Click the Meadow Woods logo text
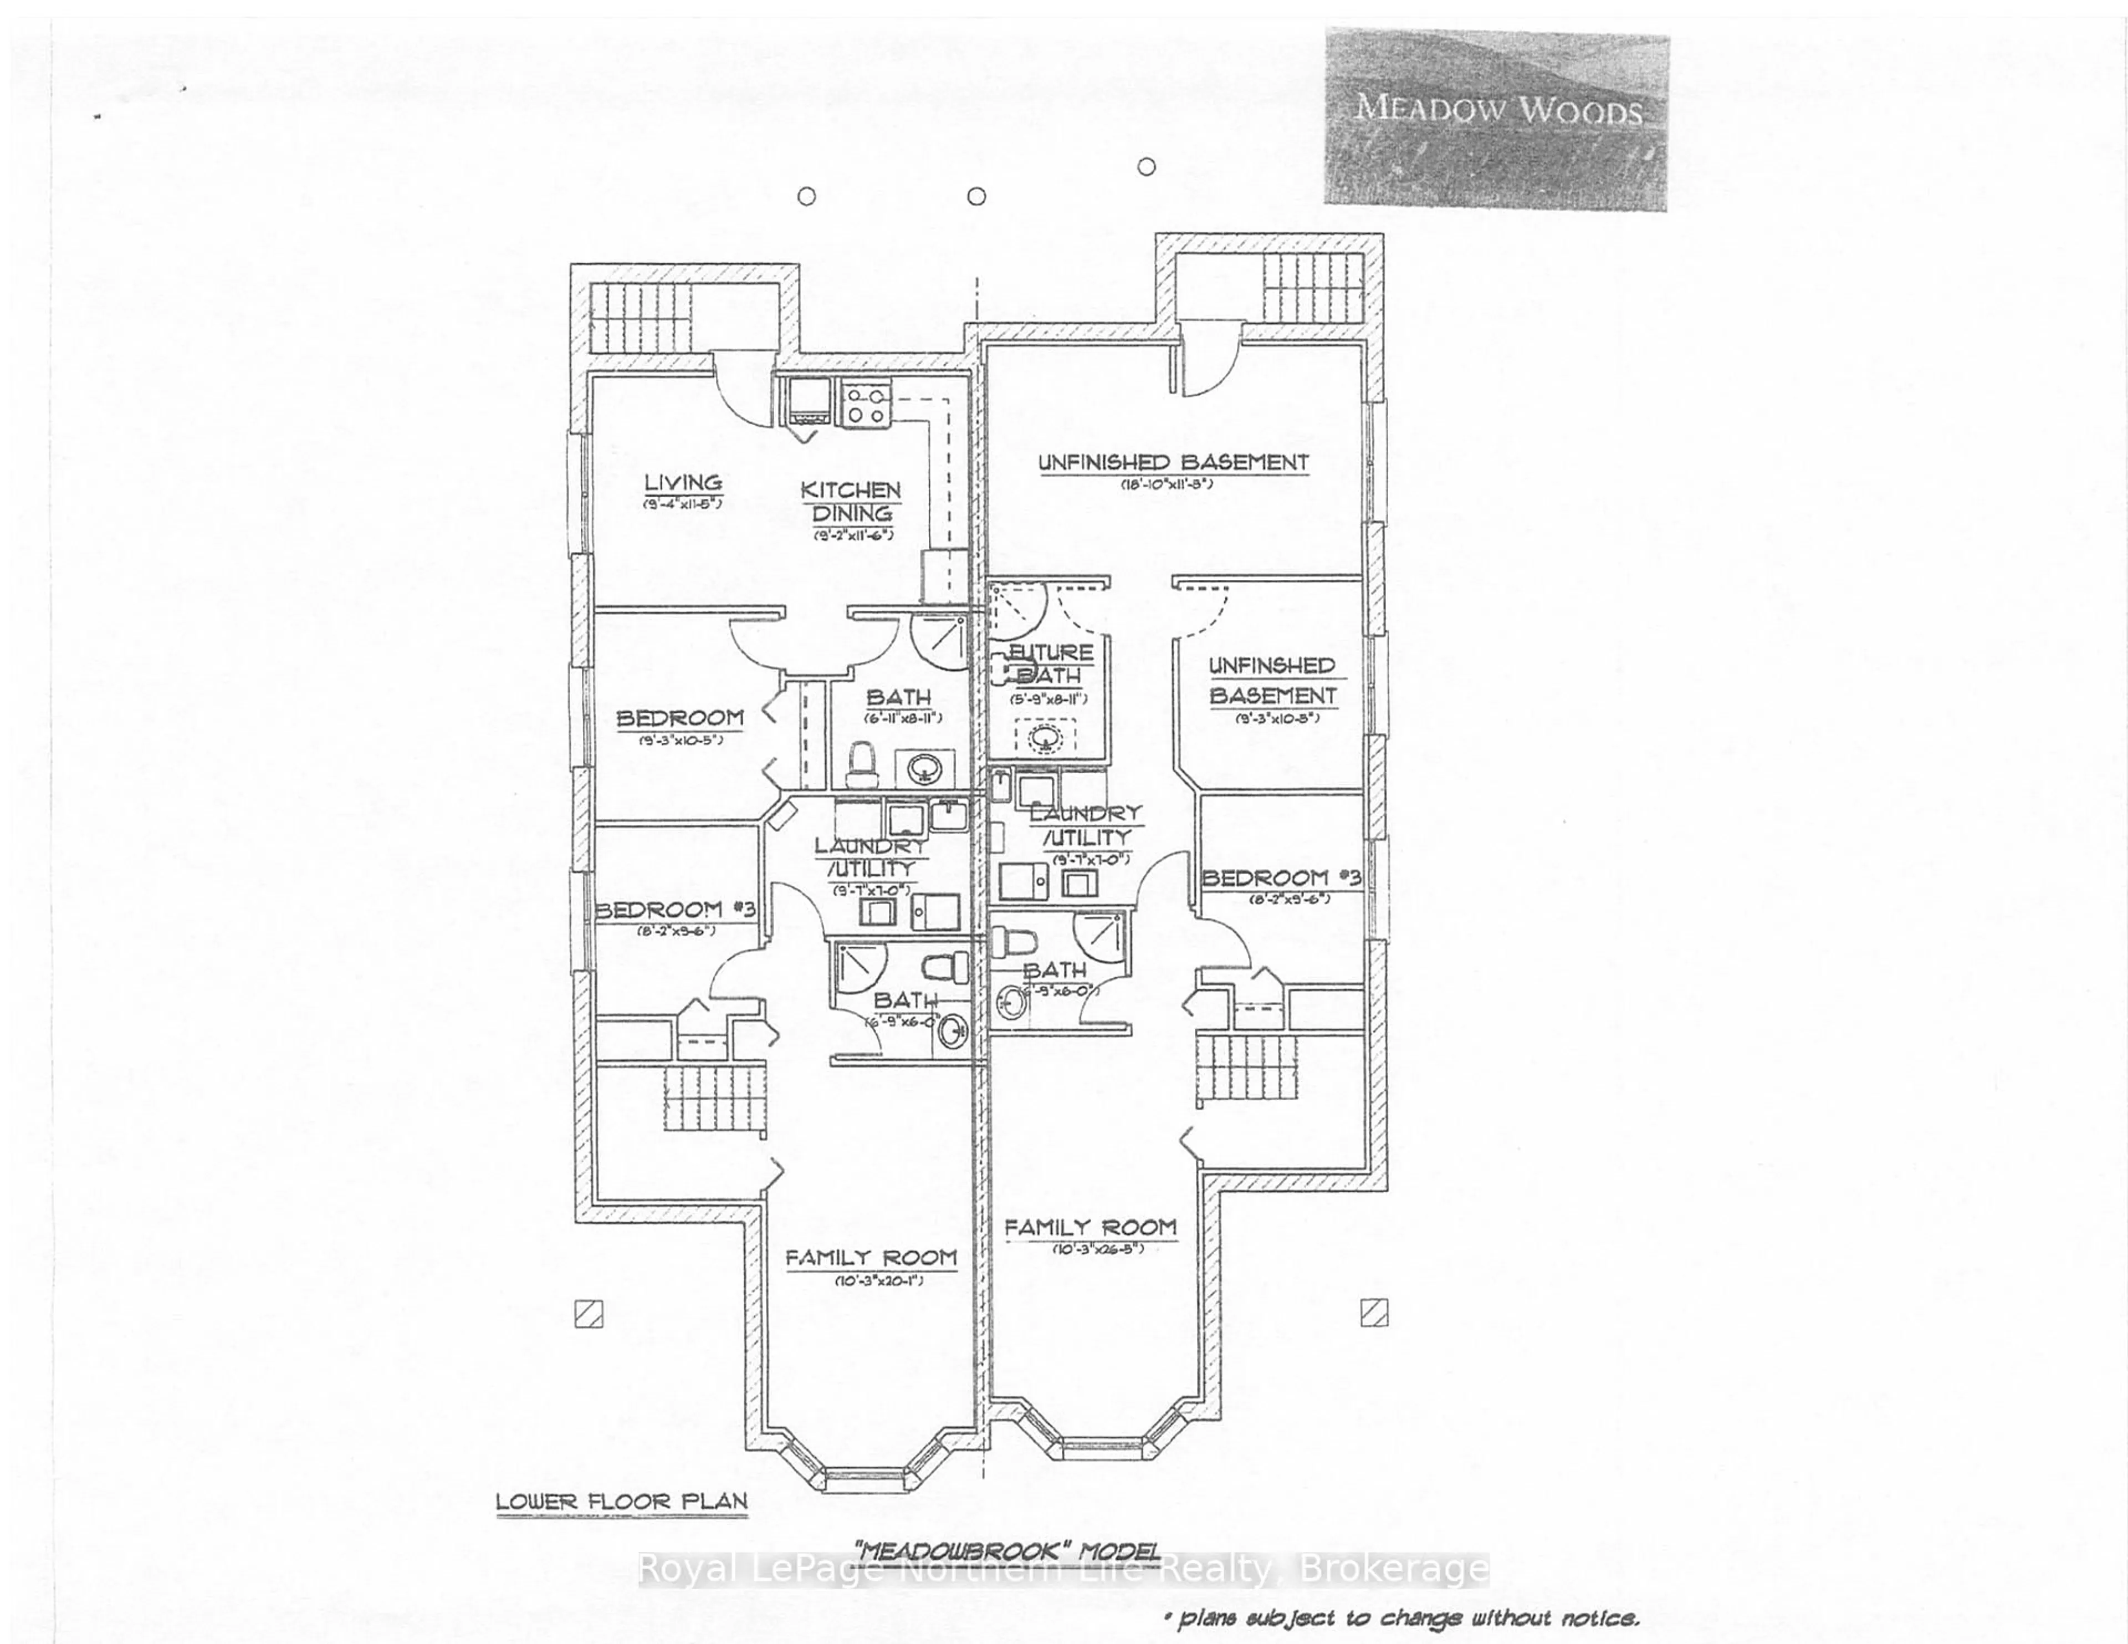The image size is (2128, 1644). click(x=1497, y=107)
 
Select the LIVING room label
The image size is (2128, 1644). click(x=683, y=482)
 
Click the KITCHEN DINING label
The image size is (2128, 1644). click(x=851, y=502)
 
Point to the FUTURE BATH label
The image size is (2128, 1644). click(x=1050, y=663)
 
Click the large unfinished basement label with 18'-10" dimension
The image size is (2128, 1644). click(x=1173, y=463)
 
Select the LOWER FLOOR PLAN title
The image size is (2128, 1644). click(x=622, y=1502)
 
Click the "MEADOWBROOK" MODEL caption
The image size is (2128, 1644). click(x=1006, y=1550)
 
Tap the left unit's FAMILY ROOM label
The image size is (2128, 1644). click(x=871, y=1258)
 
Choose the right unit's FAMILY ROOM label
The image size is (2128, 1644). click(x=1090, y=1228)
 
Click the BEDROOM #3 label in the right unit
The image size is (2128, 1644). click(x=1280, y=878)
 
